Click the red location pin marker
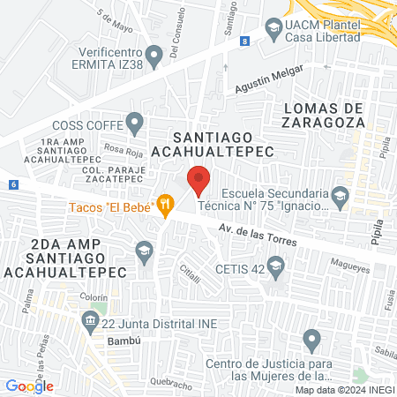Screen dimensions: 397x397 click(x=199, y=179)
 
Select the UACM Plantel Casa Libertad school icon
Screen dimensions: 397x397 click(x=273, y=30)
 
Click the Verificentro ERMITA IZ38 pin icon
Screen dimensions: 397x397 click(x=155, y=59)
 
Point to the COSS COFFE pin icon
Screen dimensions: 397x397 click(x=134, y=121)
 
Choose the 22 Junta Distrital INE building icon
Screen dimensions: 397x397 click(x=90, y=325)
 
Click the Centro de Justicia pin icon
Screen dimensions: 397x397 click(x=311, y=338)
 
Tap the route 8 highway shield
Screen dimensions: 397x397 click(x=243, y=41)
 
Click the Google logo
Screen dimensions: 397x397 click(x=29, y=386)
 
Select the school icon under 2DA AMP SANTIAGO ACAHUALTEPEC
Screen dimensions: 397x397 click(x=143, y=253)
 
